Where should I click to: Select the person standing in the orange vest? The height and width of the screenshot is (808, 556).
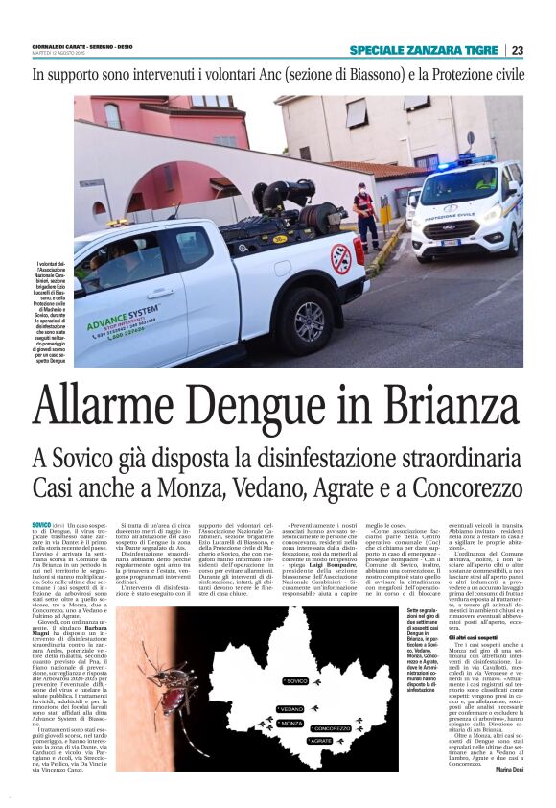click(365, 215)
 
